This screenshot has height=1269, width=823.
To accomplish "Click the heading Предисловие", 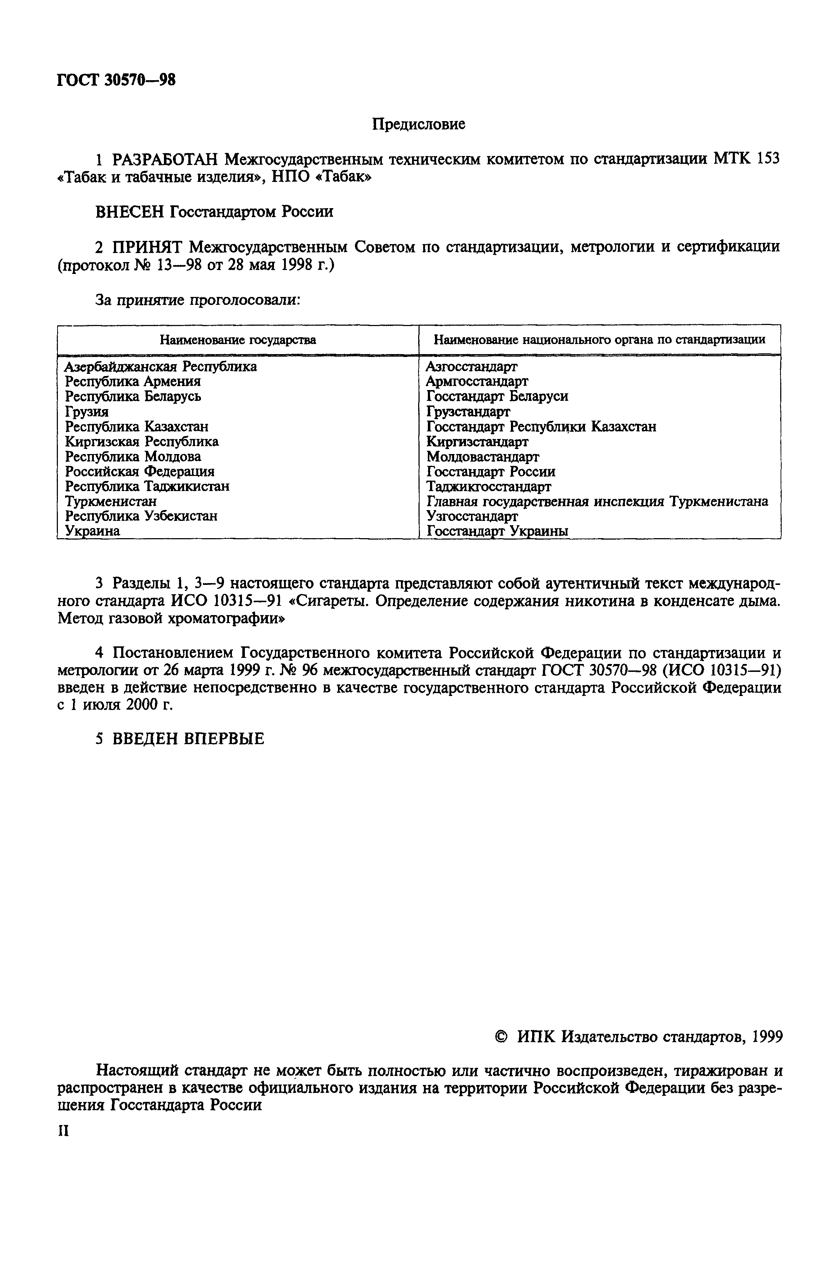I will click(418, 124).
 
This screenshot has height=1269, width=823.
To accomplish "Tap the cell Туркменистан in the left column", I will click(111, 501).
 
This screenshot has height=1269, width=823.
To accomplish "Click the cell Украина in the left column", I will click(92, 531).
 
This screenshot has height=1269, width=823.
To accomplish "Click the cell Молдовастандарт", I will click(483, 457).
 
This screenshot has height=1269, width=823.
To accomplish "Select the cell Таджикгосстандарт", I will click(489, 486).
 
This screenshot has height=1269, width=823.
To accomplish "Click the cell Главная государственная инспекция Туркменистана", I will click(597, 501).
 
